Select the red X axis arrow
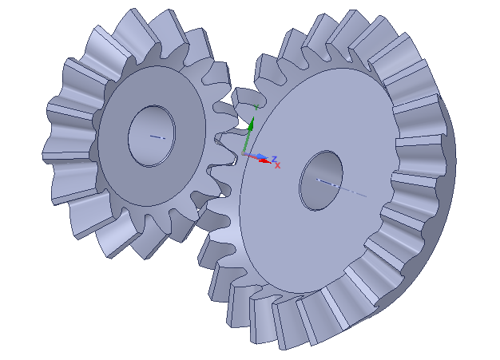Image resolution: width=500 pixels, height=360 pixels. pyautogui.click(x=261, y=160)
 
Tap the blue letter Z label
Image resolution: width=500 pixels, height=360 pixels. pyautogui.click(x=274, y=158)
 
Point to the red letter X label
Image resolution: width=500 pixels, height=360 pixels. pyautogui.click(x=277, y=166)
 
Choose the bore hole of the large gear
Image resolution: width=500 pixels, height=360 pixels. pyautogui.click(x=321, y=180)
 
